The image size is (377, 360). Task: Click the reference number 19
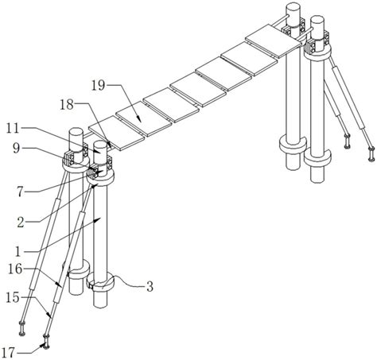click(98, 86)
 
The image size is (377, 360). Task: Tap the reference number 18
click(67, 105)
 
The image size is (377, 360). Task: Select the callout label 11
click(13, 129)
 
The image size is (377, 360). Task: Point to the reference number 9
click(16, 149)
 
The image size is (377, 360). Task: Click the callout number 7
click(21, 192)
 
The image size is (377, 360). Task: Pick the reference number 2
click(21, 223)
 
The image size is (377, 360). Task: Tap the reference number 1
click(17, 252)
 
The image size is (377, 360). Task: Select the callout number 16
click(15, 269)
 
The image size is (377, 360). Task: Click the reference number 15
click(13, 298)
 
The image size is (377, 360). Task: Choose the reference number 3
click(150, 287)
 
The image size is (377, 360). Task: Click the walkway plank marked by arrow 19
click(143, 118)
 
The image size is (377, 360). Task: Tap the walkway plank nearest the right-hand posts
click(274, 41)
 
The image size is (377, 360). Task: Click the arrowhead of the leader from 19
click(139, 119)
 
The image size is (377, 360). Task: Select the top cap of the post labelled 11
click(100, 145)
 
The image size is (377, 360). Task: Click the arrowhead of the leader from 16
click(59, 285)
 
